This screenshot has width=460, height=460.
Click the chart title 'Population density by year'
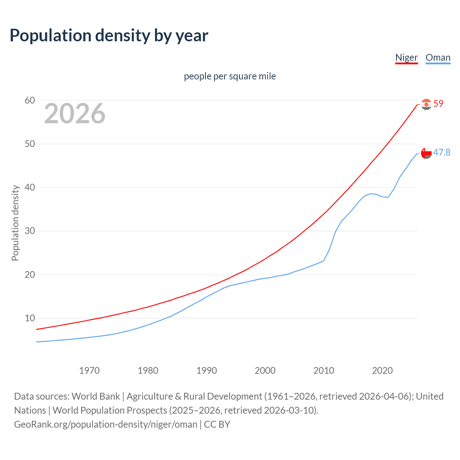pos(109,36)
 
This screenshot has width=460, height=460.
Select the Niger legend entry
pos(406,57)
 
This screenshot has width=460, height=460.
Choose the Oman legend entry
pos(438,57)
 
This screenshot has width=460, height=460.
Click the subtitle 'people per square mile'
pos(230,76)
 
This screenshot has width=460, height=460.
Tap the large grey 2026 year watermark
pos(75,114)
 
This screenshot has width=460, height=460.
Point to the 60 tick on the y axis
pos(30,100)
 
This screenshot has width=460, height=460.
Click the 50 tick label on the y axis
pos(30,144)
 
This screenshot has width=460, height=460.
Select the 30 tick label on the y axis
pos(30,231)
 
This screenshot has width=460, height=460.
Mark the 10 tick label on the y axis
pos(30,318)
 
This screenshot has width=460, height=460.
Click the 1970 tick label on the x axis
pos(89,371)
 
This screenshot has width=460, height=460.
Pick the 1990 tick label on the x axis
pos(206,371)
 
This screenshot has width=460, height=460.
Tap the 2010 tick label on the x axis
pos(323,371)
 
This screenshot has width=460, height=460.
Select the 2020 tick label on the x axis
pos(382,371)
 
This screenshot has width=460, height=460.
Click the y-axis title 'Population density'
pos(15,223)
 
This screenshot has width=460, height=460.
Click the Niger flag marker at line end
pos(426,104)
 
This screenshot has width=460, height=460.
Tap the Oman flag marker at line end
pos(426,153)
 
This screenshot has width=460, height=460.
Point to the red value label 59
pos(438,103)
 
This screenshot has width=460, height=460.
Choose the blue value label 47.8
pos(442,152)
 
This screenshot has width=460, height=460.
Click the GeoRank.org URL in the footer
pos(106,424)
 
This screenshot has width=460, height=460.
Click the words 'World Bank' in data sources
pos(96,396)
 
